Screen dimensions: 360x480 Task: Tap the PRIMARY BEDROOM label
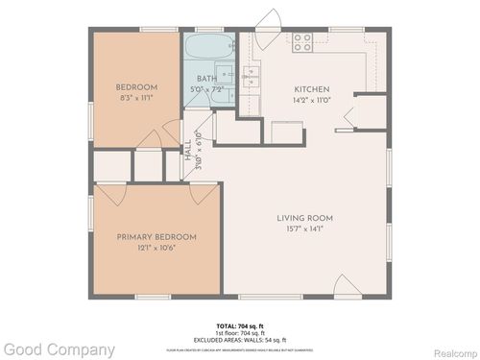pos(156,236)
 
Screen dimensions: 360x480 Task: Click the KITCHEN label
pos(311,86)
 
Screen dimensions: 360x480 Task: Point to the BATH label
pos(206,79)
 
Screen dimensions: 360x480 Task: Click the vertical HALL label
pos(188,151)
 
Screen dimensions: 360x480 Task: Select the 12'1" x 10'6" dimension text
pos(156,247)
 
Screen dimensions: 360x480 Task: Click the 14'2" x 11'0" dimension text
pos(311,97)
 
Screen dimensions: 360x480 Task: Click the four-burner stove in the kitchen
pos(302,41)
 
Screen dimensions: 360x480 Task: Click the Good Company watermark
pos(58,349)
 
